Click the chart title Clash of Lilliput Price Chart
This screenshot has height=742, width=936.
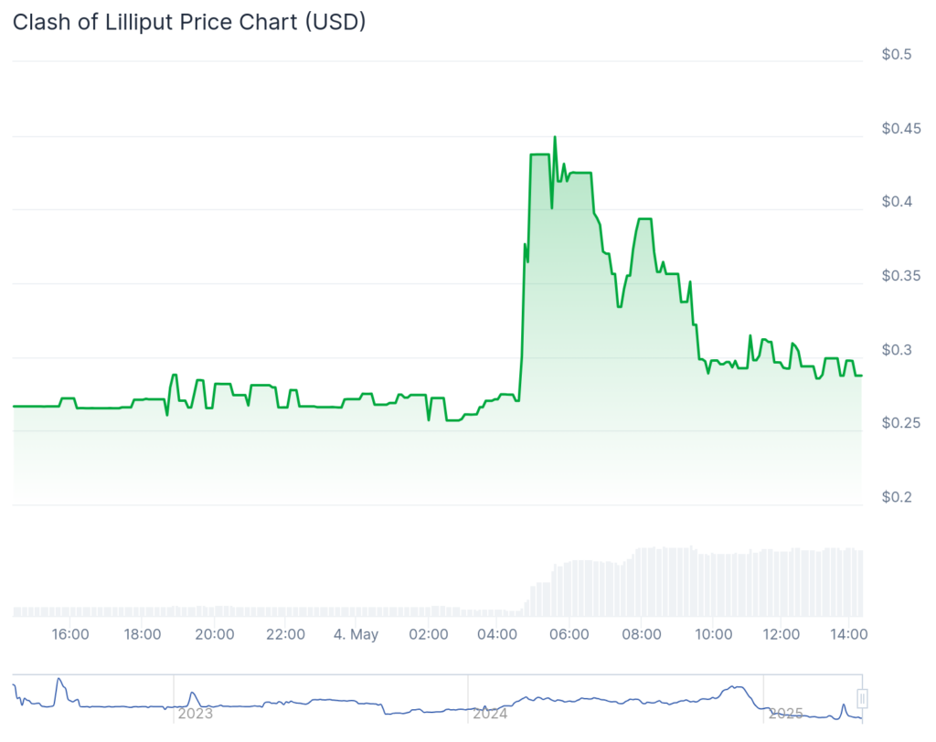point(189,22)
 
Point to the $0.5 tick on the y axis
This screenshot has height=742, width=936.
point(896,55)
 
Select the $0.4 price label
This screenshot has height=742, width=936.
point(896,202)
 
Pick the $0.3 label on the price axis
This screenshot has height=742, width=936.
point(896,350)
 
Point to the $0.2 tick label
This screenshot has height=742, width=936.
point(896,497)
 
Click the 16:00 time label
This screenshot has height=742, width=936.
point(70,634)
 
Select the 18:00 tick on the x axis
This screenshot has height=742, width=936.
point(143,634)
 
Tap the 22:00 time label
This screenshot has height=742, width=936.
point(285,634)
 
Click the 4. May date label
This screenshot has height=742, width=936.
point(356,634)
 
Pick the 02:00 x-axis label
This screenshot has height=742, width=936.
point(428,634)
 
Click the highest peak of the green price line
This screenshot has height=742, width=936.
point(555,137)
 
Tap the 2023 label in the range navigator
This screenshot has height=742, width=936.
point(195,713)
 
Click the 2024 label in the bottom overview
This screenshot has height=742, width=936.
point(490,713)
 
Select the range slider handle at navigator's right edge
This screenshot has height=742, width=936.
point(861,699)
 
